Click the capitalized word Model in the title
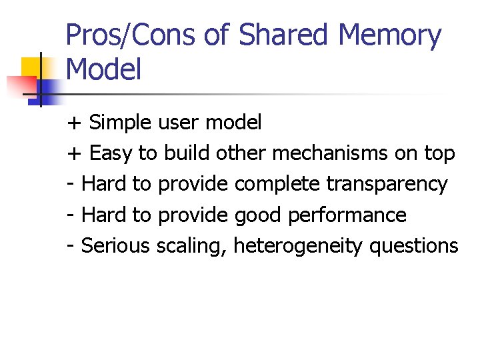[x=104, y=69]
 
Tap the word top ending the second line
[x=439, y=154]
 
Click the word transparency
[x=387, y=185]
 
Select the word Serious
[x=115, y=246]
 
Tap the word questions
[x=413, y=246]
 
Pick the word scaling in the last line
[x=193, y=246]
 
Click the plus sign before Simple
[x=74, y=123]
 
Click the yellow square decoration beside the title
[x=31, y=67]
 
